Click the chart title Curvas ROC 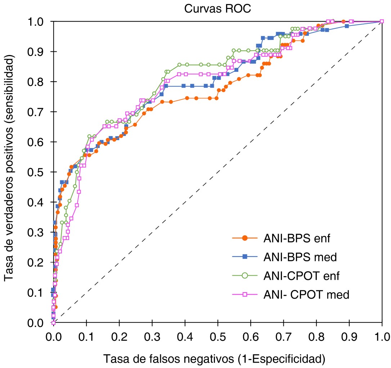click(217, 9)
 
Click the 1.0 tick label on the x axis click(382, 337)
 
